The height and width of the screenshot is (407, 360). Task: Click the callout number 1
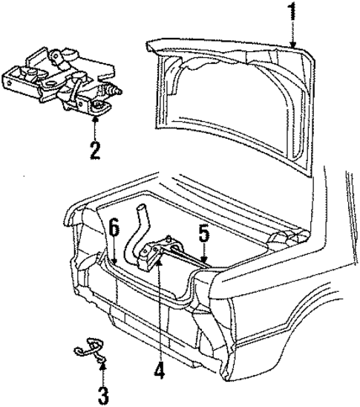point(293,13)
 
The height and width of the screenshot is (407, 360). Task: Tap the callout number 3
point(102,392)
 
